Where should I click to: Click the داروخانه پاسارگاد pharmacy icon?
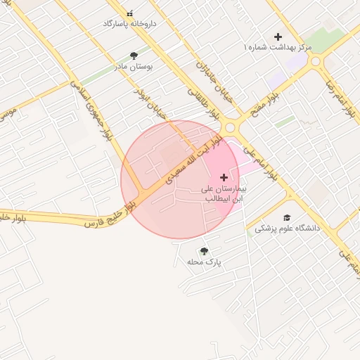pos(129,13)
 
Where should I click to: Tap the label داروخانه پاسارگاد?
pos(129,24)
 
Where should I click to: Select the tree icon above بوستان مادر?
pos(134,56)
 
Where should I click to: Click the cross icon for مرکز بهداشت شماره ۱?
pos(278,37)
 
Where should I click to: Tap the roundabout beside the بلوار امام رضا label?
pos(316,61)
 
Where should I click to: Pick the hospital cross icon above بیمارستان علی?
pos(224,177)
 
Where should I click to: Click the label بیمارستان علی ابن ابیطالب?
pos(224,193)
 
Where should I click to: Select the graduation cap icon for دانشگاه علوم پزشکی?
pos(286,217)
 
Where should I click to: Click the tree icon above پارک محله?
pos(204,251)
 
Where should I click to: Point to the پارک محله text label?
pos(204,262)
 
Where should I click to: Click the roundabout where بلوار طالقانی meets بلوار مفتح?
pos(231,127)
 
